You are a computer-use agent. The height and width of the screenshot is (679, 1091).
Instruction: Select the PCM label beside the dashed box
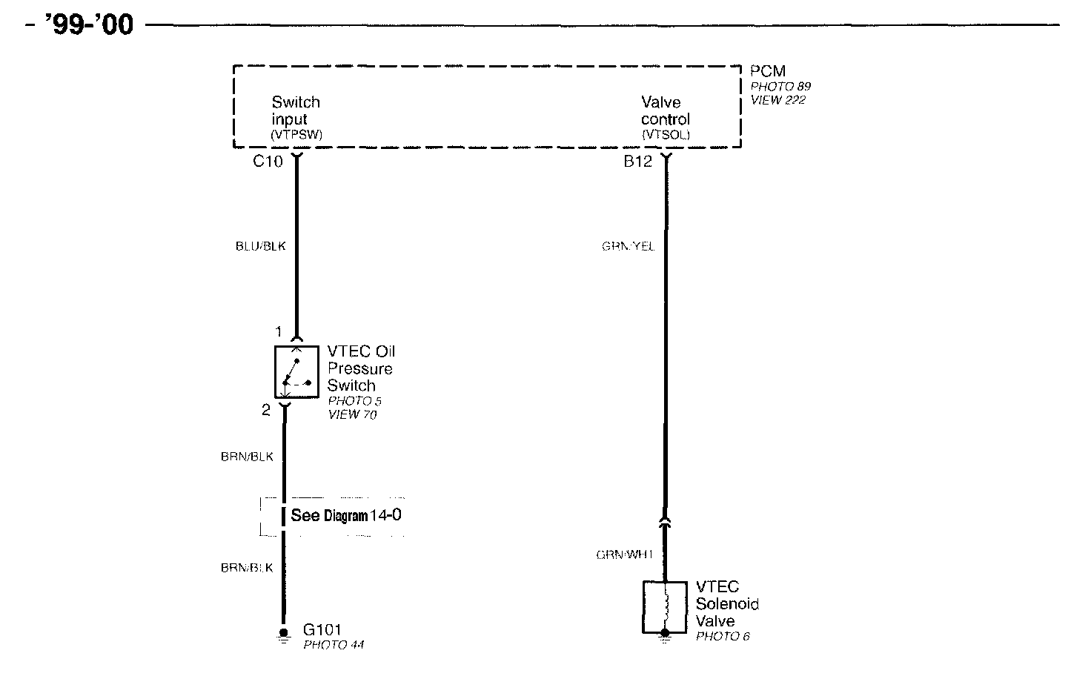pos(767,71)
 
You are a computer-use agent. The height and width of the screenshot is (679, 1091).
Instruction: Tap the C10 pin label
pos(268,161)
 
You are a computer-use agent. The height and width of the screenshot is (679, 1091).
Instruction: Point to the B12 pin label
pos(637,161)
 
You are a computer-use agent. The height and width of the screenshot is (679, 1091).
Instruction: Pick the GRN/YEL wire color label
pos(628,246)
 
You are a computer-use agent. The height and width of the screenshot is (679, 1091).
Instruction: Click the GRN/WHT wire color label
pos(625,554)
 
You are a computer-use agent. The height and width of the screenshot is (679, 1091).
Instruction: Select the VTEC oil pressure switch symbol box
pos(297,372)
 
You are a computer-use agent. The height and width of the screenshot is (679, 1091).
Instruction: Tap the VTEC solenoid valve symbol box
pos(665,607)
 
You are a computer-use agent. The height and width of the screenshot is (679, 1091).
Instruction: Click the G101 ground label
pos(322,630)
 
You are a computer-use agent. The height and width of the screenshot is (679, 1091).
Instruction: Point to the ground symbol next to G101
pos(283,635)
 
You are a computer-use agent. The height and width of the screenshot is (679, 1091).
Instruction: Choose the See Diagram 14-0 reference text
pos(346,515)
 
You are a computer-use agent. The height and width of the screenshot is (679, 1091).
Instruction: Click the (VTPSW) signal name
pos(296,135)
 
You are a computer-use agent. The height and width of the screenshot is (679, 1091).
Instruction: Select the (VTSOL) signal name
pos(666,135)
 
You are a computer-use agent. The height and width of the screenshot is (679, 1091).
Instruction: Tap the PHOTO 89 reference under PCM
pos(780,86)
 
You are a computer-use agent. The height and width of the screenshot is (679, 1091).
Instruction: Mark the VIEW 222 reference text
pos(777,100)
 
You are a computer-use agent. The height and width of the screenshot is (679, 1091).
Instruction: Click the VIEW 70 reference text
pos(352,414)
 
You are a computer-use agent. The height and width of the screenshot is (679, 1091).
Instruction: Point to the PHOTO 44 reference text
pos(334,645)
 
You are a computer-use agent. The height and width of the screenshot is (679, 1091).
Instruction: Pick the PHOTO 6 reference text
pos(723,636)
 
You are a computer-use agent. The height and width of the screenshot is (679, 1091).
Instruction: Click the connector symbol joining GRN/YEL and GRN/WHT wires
pos(665,523)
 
